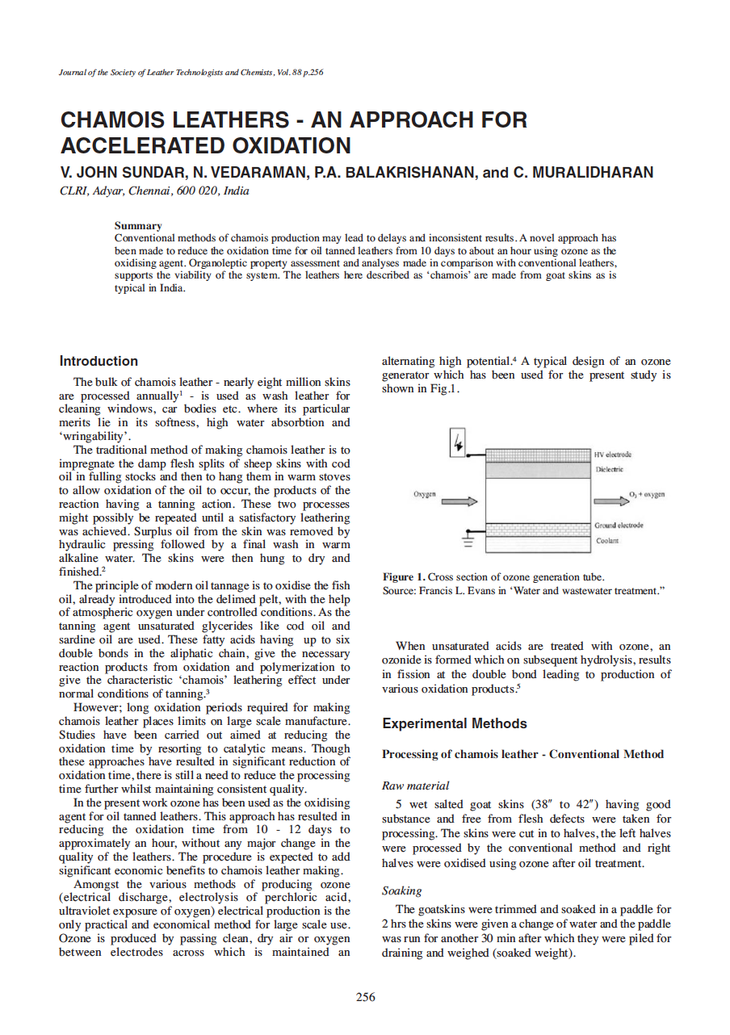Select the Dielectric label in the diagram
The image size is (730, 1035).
(610, 469)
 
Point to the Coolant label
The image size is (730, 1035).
(607, 541)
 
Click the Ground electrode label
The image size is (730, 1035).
(619, 526)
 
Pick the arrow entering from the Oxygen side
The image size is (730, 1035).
(459, 501)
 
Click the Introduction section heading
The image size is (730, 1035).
(99, 361)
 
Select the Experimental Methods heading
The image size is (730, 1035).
(455, 723)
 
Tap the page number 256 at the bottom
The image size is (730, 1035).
(365, 997)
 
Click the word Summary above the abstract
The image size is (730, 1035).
(138, 226)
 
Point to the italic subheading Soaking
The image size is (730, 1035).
(401, 890)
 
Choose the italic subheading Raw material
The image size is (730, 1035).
(415, 785)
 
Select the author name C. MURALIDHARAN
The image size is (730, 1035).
(583, 172)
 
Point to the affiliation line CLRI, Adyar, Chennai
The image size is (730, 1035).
(154, 191)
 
